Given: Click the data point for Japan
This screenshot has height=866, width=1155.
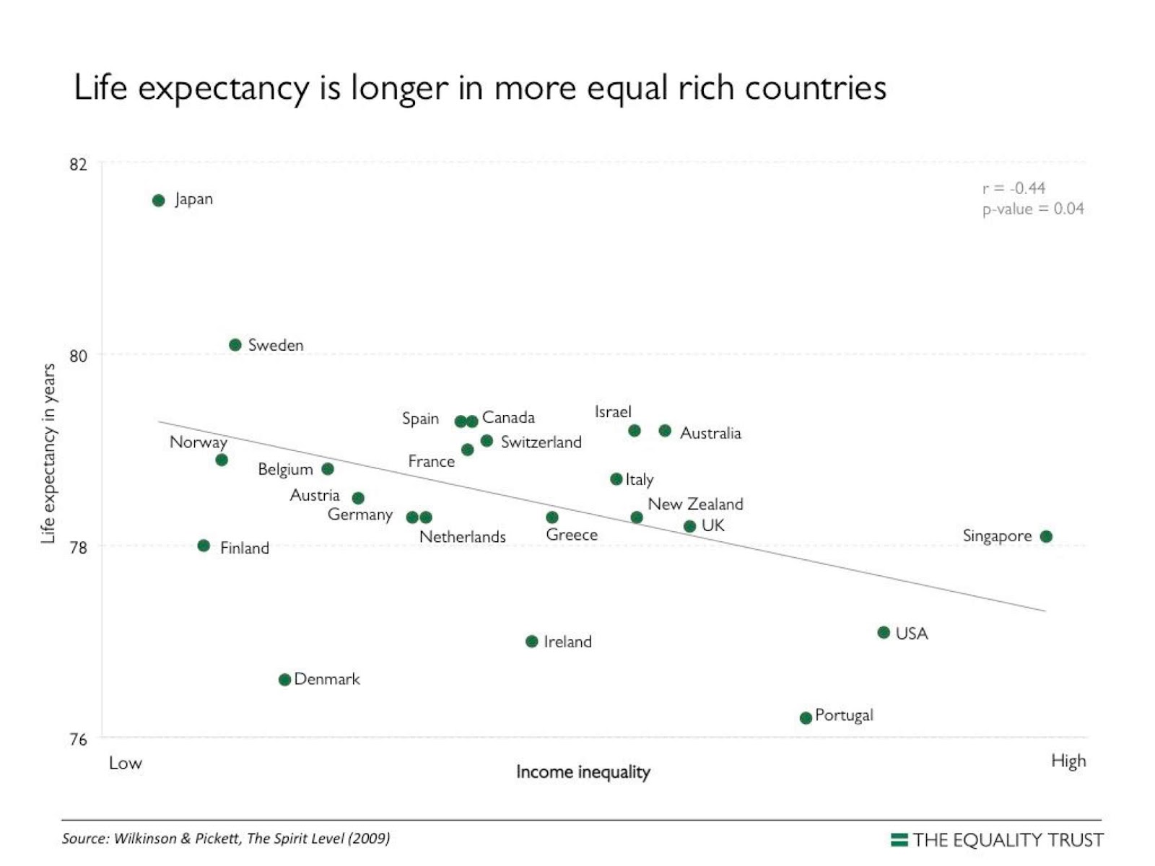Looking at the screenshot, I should pyautogui.click(x=159, y=201).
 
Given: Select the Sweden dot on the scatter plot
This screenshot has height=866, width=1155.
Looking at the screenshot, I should pyautogui.click(x=235, y=345).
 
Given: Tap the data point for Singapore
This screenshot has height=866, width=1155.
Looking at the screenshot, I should pyautogui.click(x=1046, y=536).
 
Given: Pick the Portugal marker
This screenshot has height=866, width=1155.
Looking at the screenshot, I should pyautogui.click(x=806, y=717).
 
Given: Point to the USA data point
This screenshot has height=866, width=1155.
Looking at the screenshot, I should pyautogui.click(x=884, y=632).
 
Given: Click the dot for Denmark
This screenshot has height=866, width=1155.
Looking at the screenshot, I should pyautogui.click(x=284, y=679).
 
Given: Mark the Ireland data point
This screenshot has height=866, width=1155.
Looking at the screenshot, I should pyautogui.click(x=532, y=641).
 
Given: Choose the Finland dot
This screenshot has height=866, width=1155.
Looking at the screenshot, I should pyautogui.click(x=204, y=546).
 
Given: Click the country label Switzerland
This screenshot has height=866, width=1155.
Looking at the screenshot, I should pyautogui.click(x=541, y=442).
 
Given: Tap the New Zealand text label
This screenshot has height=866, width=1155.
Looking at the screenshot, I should pyautogui.click(x=695, y=504).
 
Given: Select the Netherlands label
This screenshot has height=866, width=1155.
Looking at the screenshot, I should pyautogui.click(x=463, y=537).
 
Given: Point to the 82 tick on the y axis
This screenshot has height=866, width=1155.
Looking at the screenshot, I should pyautogui.click(x=78, y=165).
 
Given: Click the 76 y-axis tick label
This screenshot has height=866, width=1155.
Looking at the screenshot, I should pyautogui.click(x=78, y=739).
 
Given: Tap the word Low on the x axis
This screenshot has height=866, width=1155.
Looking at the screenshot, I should pyautogui.click(x=126, y=764).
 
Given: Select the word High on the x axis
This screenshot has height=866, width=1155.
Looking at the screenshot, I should pyautogui.click(x=1068, y=761).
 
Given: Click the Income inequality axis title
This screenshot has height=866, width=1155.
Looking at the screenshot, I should pyautogui.click(x=583, y=772).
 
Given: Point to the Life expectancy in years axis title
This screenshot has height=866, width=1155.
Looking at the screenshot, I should pyautogui.click(x=48, y=453).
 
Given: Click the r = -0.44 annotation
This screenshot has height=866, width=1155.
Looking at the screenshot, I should pyautogui.click(x=1014, y=188).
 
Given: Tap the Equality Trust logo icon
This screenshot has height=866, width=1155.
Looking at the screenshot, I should pyautogui.click(x=899, y=839).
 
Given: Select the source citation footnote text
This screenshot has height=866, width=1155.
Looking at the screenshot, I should pyautogui.click(x=226, y=839).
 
